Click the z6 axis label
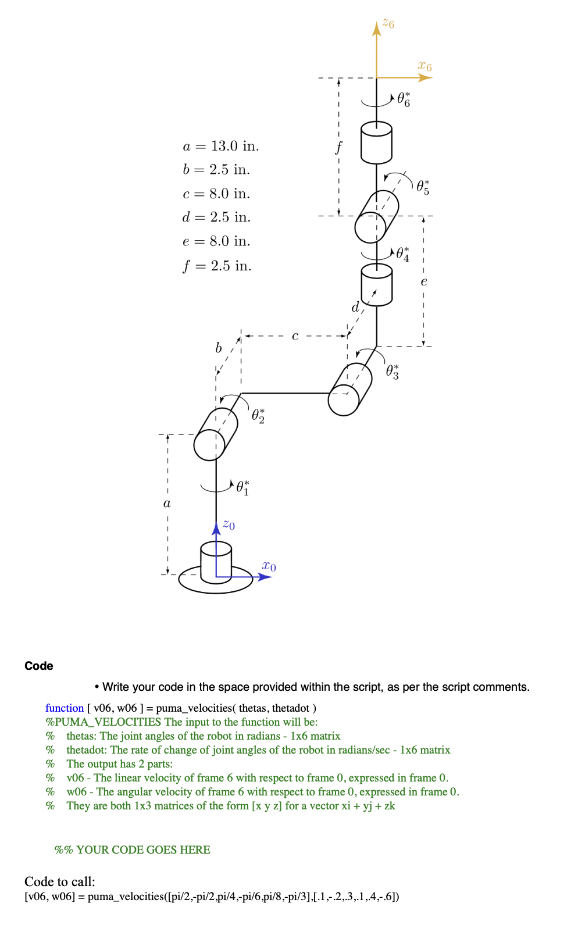coord(388,24)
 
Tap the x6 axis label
coord(425,66)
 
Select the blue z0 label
coord(229,525)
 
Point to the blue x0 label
coord(269,566)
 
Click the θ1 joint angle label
coord(243,488)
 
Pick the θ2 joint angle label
coord(258,416)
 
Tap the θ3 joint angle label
coord(393,372)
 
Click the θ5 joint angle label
coord(423,187)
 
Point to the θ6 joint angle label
coord(404,99)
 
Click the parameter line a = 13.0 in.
coord(221,146)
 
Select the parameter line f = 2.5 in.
coord(217,266)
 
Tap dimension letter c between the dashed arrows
coord(295,336)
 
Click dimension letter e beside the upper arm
coord(424,282)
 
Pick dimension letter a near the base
coord(167,504)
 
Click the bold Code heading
coord(39,666)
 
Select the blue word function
coord(65,708)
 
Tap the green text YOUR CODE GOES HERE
coord(143,850)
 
